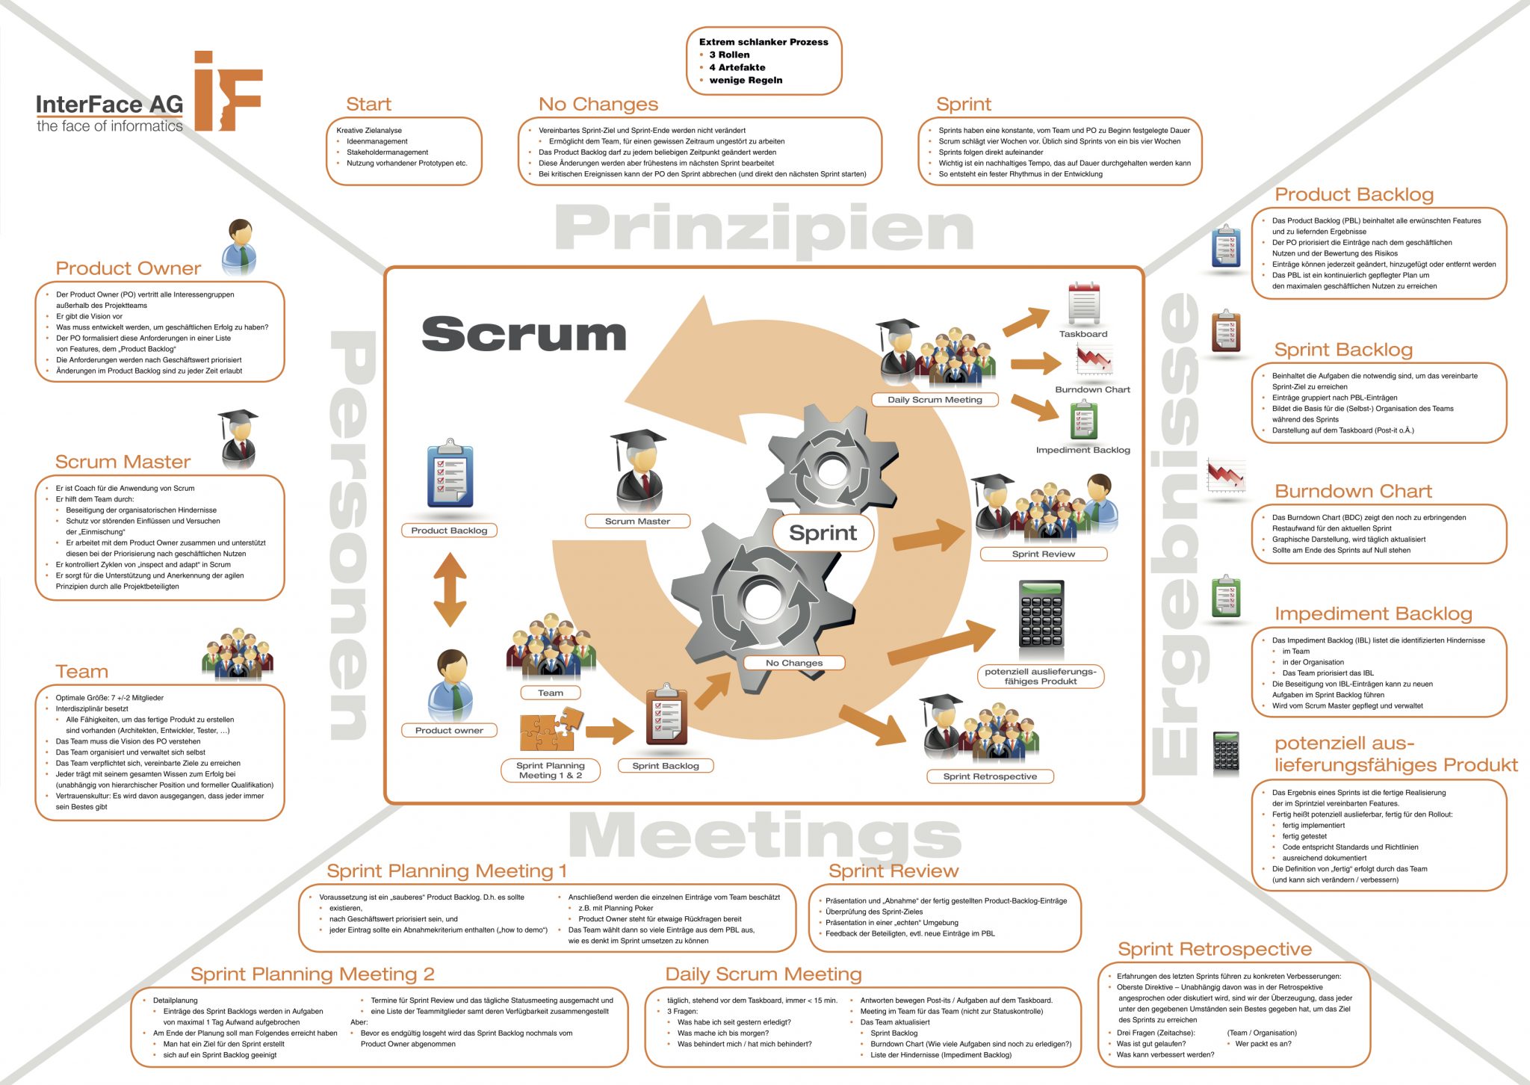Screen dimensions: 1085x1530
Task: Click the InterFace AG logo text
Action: [x=110, y=105]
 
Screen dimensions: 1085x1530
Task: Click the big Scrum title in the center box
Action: [x=524, y=334]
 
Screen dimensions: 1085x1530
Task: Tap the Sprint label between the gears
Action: [x=823, y=533]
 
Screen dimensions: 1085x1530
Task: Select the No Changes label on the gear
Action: [x=793, y=663]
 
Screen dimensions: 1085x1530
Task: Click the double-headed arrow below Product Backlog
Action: [x=450, y=589]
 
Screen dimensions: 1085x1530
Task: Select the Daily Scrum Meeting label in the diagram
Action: [x=935, y=400]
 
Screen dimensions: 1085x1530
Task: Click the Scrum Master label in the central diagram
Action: [x=637, y=522]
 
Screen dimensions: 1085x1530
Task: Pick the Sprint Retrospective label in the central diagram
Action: [x=990, y=776]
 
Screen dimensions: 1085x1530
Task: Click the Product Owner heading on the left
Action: [x=128, y=268]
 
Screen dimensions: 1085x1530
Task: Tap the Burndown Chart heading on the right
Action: [x=1353, y=492]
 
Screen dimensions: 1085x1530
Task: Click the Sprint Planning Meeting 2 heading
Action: [x=312, y=974]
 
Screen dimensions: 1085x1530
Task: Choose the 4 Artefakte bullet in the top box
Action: [x=737, y=67]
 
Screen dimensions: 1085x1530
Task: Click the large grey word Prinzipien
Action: [x=764, y=228]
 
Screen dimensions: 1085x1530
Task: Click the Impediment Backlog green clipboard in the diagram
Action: [x=1083, y=420]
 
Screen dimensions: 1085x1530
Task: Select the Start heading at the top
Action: [x=368, y=105]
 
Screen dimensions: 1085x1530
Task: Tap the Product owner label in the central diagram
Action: [x=449, y=730]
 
